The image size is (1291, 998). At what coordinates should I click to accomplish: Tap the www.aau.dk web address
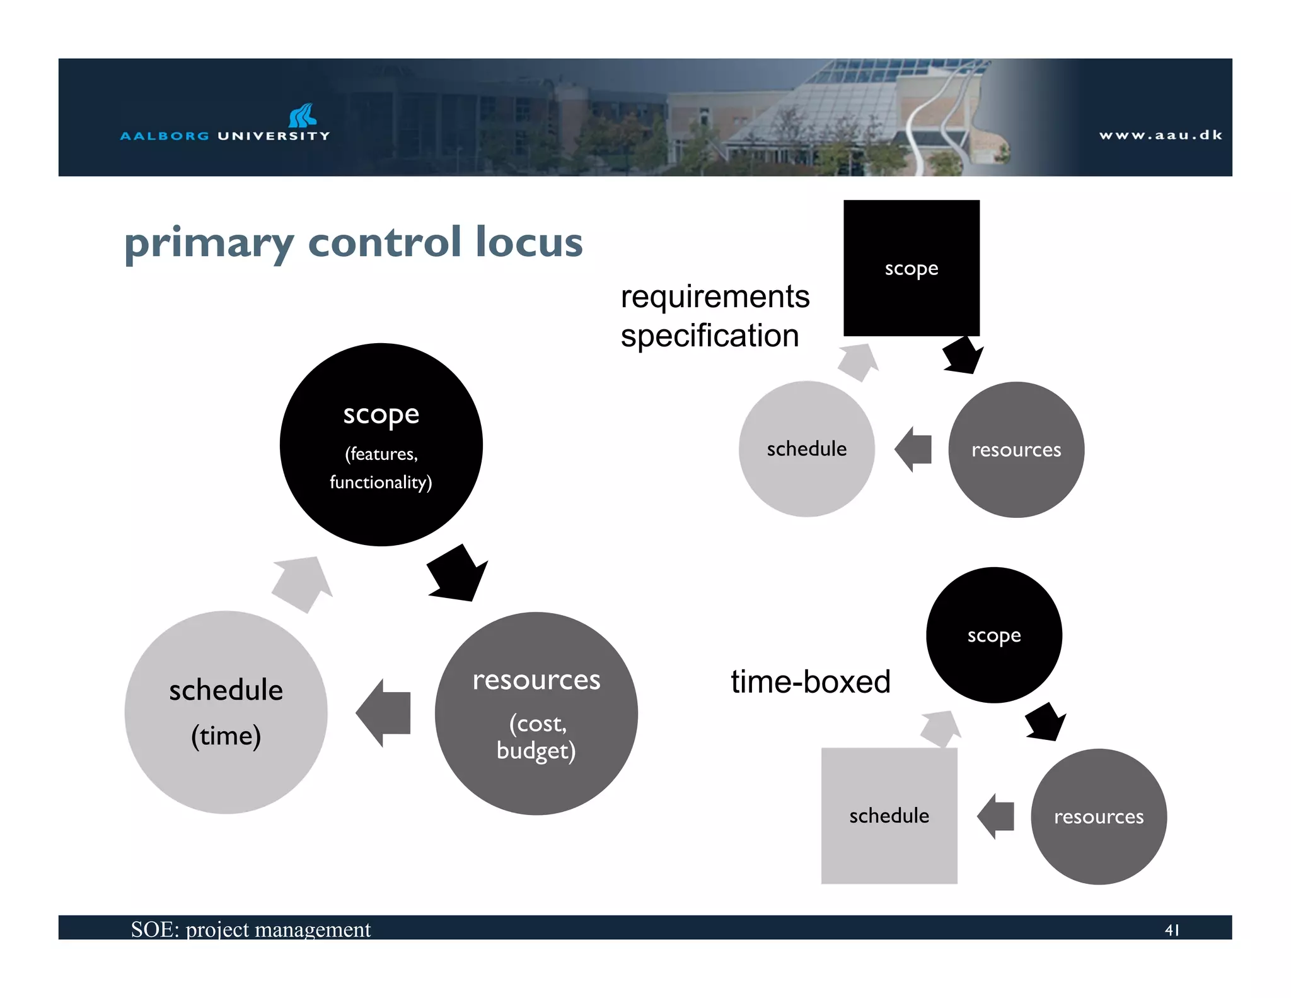tap(1160, 135)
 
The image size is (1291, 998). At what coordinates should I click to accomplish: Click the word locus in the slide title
tap(529, 242)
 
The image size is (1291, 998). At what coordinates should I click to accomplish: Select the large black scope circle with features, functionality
tap(381, 445)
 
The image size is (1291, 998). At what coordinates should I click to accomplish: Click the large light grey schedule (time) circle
tap(226, 712)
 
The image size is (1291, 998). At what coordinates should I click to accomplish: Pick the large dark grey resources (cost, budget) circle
tap(536, 713)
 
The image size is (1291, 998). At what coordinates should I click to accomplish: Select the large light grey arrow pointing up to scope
tap(303, 584)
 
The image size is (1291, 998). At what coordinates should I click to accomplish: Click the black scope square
tap(911, 268)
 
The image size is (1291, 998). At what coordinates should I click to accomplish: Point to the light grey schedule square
tap(889, 816)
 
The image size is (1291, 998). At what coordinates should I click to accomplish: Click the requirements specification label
tap(714, 316)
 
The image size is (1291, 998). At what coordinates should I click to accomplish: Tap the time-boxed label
tap(810, 682)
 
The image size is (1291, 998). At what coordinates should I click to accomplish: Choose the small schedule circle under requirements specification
tap(806, 449)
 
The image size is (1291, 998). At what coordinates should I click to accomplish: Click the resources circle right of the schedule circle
tap(1016, 450)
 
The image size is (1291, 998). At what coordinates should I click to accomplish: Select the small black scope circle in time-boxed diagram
tap(993, 635)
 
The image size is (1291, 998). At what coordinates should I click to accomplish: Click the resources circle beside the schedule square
tap(1098, 817)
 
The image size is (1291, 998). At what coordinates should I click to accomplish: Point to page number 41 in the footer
tap(1172, 930)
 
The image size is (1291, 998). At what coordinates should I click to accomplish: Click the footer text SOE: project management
tap(250, 929)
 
